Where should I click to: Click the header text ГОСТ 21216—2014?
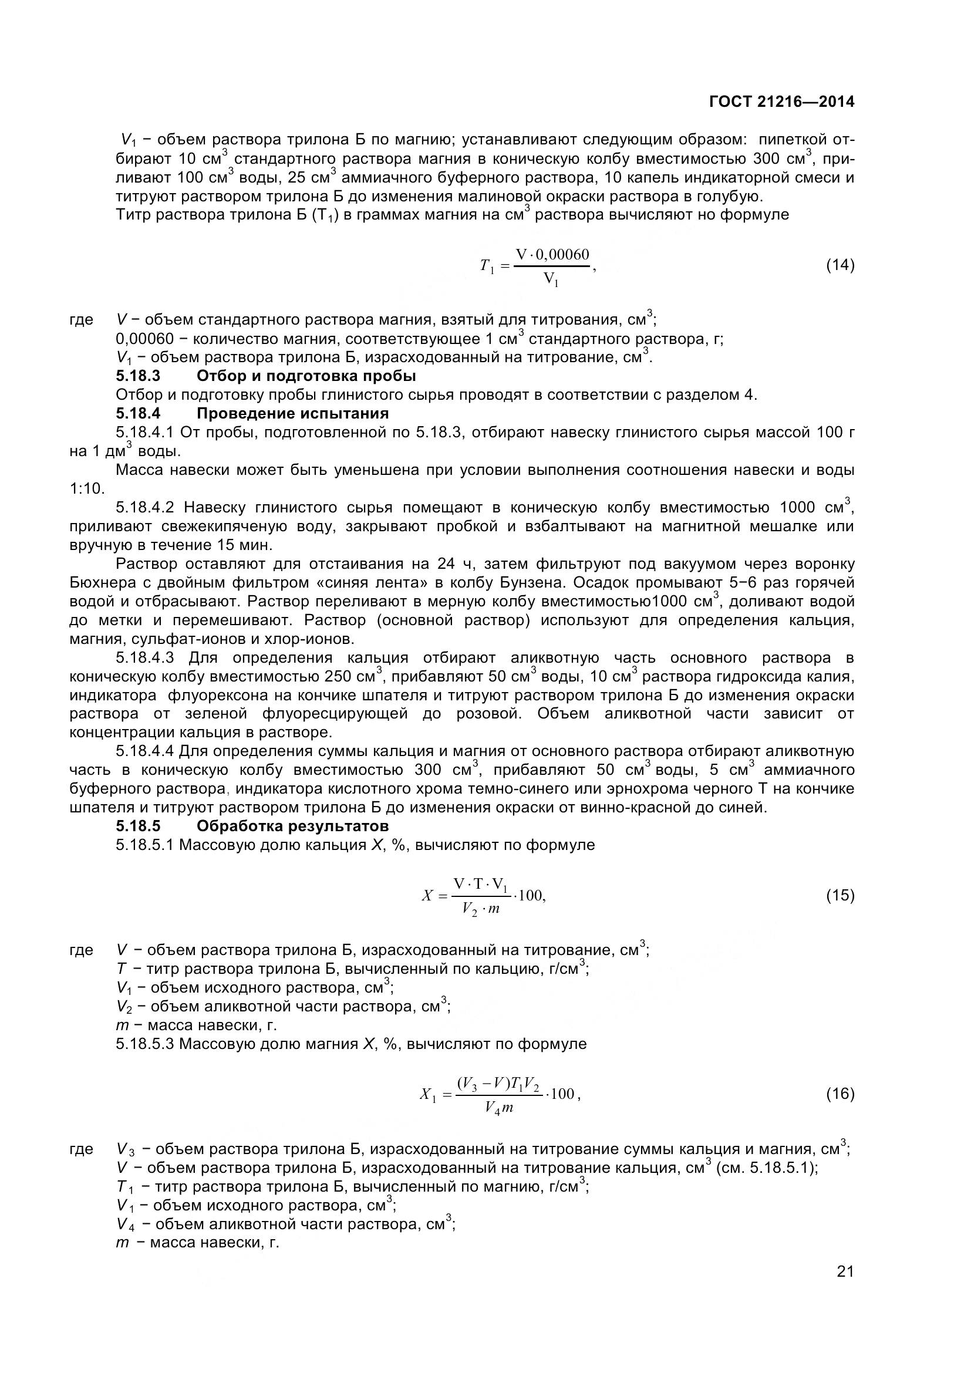pyautogui.click(x=781, y=102)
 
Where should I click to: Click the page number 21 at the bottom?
pyautogui.click(x=845, y=1287)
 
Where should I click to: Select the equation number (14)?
pyautogui.click(x=840, y=265)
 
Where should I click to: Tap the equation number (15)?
pyautogui.click(x=840, y=895)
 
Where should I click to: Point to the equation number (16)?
pyautogui.click(x=840, y=1094)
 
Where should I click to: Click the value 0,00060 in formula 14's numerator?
pyautogui.click(x=562, y=255)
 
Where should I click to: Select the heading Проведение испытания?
pyautogui.click(x=292, y=413)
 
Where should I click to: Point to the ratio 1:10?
pyautogui.click(x=87, y=488)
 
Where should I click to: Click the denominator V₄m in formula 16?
pyautogui.click(x=498, y=1108)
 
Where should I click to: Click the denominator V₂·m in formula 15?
pyautogui.click(x=481, y=909)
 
